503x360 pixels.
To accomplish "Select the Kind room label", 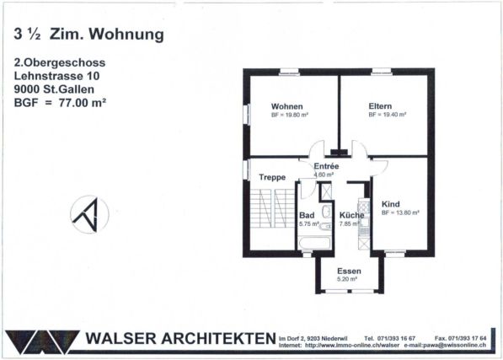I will point(390,204).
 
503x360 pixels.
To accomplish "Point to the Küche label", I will point(351,215).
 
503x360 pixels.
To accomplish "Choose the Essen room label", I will point(349,271).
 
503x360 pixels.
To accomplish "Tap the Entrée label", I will point(326,166).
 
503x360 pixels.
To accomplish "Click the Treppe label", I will point(272,177).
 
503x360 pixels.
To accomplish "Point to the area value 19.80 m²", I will point(291,114).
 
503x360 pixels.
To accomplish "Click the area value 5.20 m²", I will point(348,279).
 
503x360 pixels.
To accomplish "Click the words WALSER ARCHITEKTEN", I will point(180,338).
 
